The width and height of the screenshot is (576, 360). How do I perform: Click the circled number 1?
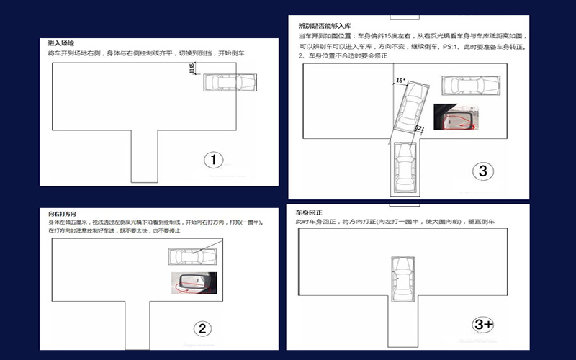pyautogui.click(x=214, y=160)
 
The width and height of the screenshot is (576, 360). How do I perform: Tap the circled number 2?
pyautogui.click(x=202, y=328)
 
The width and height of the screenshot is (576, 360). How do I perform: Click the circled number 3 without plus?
pyautogui.click(x=482, y=171)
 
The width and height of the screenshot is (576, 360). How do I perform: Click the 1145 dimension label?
pyautogui.click(x=191, y=69)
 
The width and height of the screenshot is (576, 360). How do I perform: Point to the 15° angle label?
pyautogui.click(x=400, y=81)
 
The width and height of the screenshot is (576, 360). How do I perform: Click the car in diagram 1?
pyautogui.click(x=224, y=84)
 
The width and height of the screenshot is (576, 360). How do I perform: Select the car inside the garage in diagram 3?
pyautogui.click(x=404, y=167)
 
